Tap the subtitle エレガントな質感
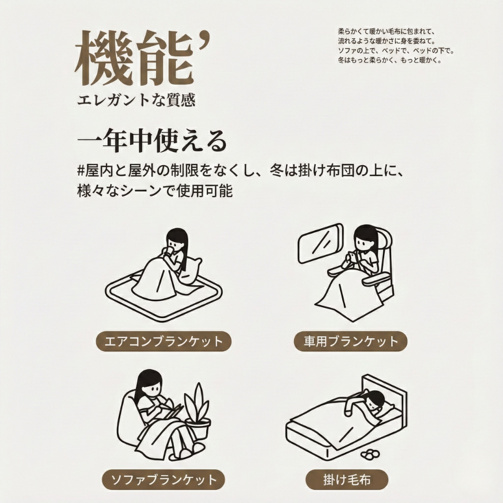pos(136,99)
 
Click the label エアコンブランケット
pos(163,342)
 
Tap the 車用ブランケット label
pos(351,342)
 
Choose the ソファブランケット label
pos(163,478)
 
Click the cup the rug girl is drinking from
pos(171,248)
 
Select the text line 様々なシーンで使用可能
pos(155,192)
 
